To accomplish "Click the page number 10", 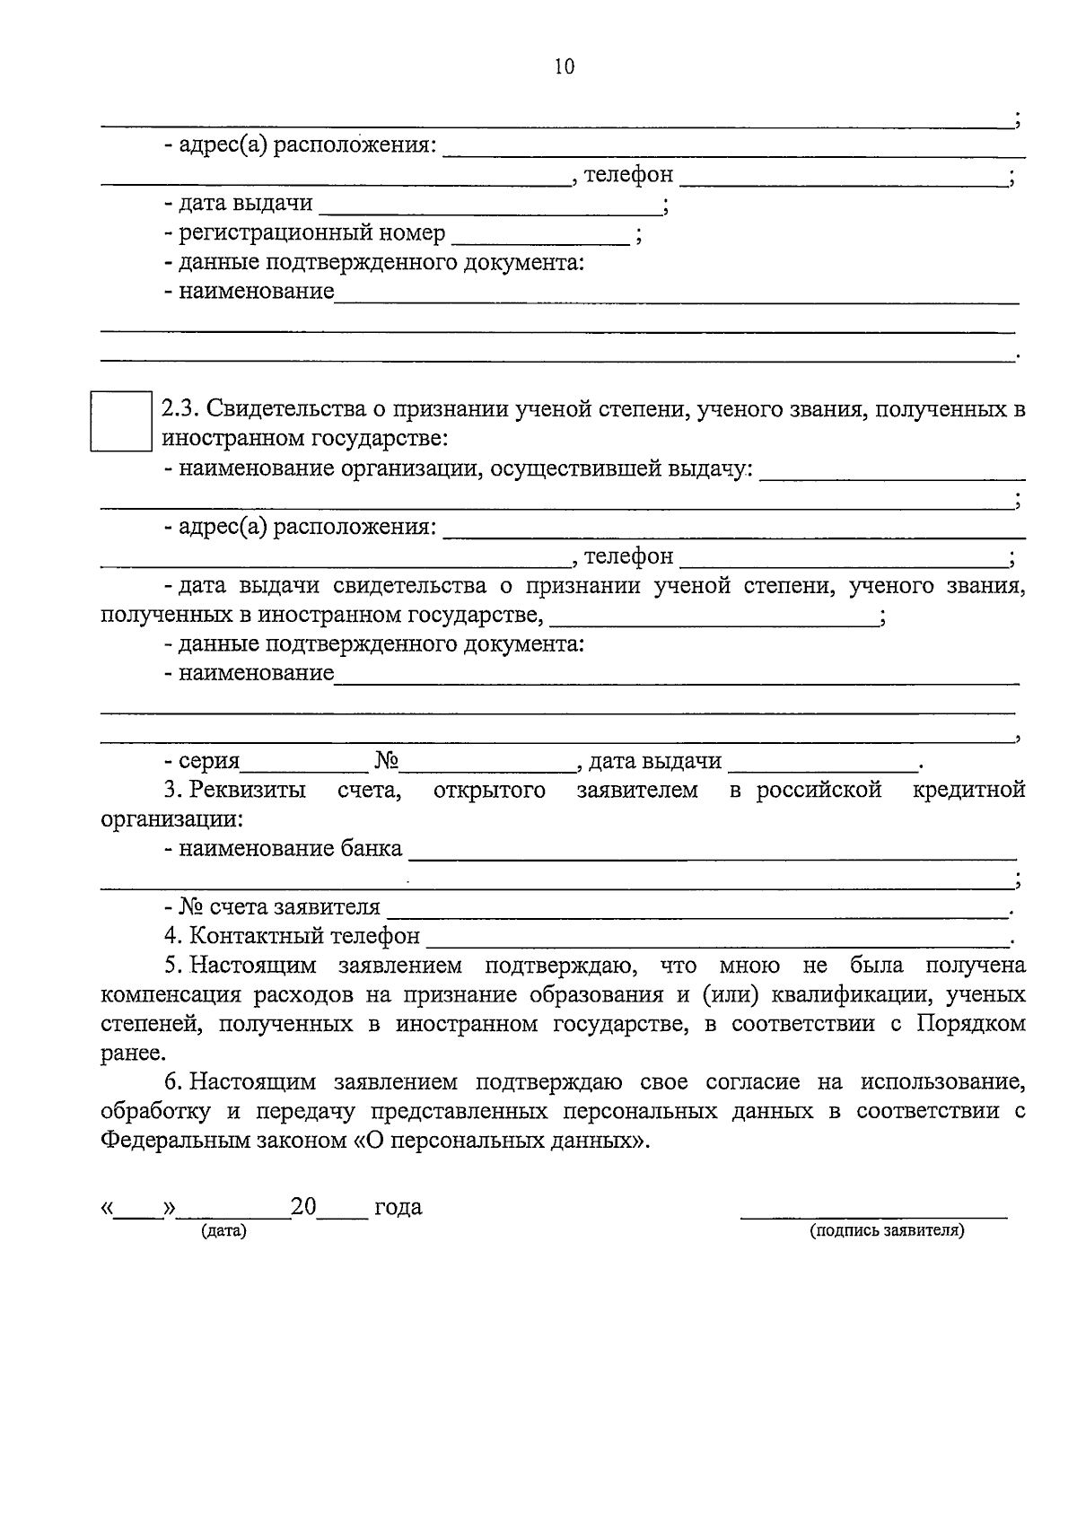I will tap(565, 66).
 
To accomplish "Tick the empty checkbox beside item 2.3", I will tap(121, 420).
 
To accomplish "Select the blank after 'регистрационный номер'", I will tap(540, 235).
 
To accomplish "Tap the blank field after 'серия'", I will tap(304, 763).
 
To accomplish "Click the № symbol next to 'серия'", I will tap(387, 762).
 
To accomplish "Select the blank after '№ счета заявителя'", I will tap(696, 908).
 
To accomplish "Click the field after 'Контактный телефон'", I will tap(718, 937).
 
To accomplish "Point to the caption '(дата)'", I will tap(224, 1231).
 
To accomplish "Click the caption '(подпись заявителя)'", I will tap(886, 1231).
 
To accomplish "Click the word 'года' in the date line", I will tap(398, 1208).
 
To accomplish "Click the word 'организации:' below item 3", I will tap(171, 819).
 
